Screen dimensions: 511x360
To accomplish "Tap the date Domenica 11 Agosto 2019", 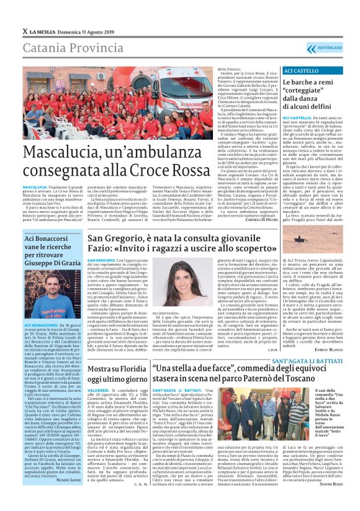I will [88, 30].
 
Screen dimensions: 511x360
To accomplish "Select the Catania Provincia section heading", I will [70, 48].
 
